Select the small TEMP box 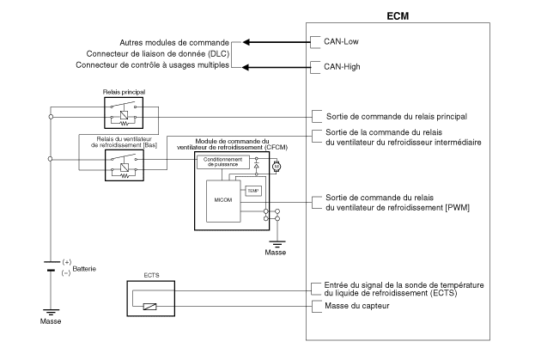[252, 191]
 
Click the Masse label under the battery [51, 322]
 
